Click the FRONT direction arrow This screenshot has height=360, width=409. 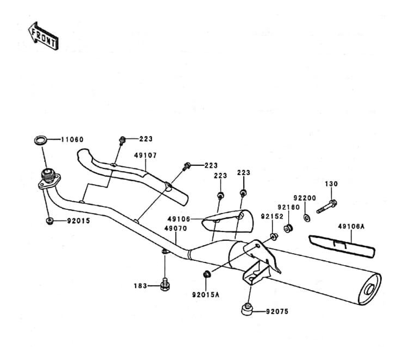43,36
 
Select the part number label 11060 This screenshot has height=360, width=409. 72,139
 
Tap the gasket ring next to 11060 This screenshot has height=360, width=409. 40,140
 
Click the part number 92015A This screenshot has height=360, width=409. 206,295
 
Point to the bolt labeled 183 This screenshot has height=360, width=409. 165,284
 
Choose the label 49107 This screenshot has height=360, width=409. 146,155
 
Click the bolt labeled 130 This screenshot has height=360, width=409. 327,206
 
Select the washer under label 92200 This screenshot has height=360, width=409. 307,218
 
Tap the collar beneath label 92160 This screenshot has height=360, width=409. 288,228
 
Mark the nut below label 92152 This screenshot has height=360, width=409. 274,236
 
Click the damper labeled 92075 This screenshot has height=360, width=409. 247,309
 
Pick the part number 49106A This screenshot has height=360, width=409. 351,227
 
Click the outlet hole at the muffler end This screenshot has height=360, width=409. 370,290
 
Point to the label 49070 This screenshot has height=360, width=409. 176,229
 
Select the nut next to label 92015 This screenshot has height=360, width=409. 49,221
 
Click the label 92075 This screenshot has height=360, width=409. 277,311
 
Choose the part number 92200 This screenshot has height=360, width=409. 305,198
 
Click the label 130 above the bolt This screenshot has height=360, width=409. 331,184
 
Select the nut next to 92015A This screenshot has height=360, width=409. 207,274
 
